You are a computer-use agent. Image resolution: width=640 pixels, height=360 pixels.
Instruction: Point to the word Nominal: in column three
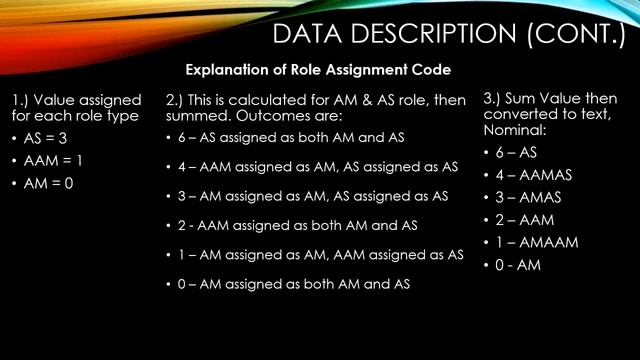pos(516,130)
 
